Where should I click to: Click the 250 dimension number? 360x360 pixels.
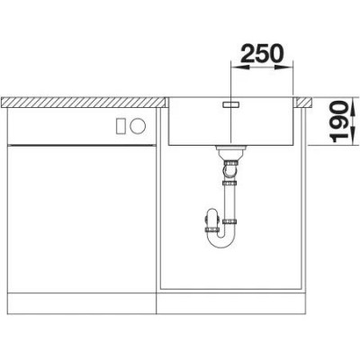pos(262,53)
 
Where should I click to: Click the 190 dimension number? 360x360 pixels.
pos(340,121)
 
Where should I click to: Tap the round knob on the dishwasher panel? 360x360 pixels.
pos(138,126)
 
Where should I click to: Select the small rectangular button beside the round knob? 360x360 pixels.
pos(121,126)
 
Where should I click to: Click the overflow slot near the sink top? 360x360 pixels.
pos(230,103)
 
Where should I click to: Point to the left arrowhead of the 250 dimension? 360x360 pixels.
pos(240,67)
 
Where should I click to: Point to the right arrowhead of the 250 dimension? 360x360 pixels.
pos(283,67)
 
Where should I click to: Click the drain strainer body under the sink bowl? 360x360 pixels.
pos(230,153)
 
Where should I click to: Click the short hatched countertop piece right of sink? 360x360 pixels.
pos(304,103)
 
